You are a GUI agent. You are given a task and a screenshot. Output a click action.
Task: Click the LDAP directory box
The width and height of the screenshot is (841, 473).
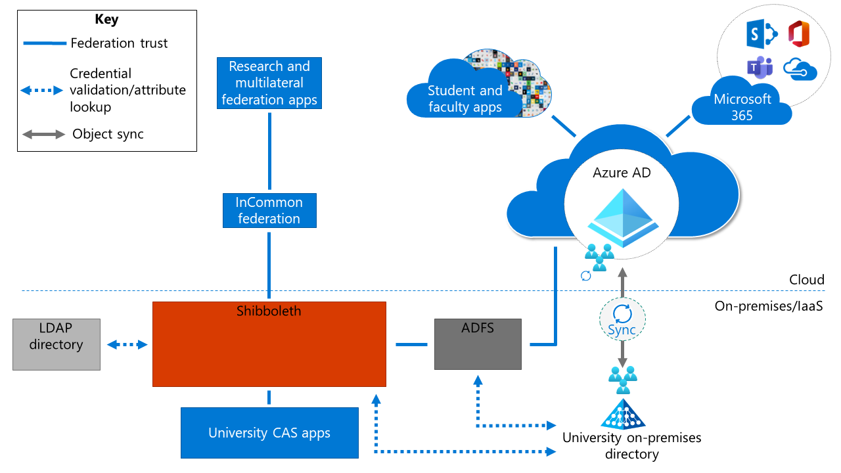coord(57,344)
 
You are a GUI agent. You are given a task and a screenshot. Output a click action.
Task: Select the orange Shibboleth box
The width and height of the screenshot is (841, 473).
coord(269,344)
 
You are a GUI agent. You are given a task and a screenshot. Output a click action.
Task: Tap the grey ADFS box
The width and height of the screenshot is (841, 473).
coord(478,344)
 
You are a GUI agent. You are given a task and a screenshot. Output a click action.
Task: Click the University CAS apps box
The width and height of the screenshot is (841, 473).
coord(269,433)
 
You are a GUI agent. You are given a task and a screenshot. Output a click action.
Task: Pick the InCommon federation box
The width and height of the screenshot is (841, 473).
coord(269,210)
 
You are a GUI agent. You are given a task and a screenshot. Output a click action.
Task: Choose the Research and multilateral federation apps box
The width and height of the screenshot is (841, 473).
coord(269,83)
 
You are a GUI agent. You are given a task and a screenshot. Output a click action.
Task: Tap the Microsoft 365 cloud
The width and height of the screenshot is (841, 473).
coord(742,106)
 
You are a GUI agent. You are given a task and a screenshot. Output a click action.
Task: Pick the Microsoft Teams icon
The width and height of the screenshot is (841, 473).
coord(759,68)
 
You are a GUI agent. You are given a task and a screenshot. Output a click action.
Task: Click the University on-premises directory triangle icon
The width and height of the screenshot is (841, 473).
coord(623,413)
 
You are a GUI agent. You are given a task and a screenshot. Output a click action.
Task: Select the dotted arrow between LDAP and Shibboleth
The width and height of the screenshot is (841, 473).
coord(127,344)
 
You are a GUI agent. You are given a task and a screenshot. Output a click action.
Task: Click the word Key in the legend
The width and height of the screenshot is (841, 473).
coord(106,19)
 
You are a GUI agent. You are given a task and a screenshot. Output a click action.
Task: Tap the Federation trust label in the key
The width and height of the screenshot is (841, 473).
coord(119,43)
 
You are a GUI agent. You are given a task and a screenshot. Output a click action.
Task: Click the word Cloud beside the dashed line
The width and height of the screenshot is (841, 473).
coord(806,280)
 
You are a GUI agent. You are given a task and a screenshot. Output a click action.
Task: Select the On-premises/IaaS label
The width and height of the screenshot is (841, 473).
coord(769,306)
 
